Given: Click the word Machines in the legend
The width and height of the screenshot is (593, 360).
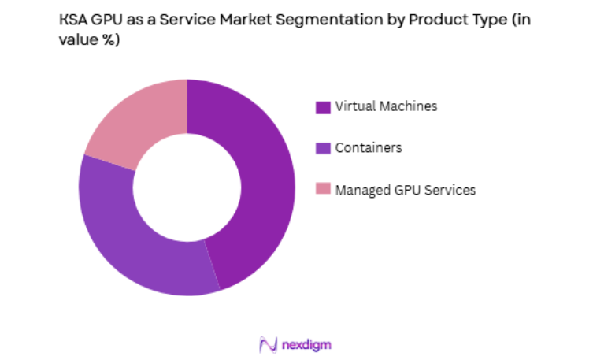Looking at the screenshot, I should (407, 106).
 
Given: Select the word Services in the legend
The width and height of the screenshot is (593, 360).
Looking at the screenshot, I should (450, 189).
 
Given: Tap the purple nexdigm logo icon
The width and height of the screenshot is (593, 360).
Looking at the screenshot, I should (268, 345).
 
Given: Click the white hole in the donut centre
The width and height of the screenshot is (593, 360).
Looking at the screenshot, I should (187, 187).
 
